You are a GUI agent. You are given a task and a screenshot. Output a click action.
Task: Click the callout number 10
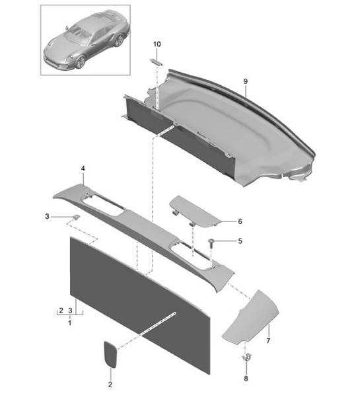click(157, 44)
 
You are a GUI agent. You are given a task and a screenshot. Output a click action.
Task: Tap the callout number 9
click(245, 81)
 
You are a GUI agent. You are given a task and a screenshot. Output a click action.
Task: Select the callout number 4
click(83, 169)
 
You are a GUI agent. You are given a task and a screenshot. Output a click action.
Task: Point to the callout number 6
click(240, 222)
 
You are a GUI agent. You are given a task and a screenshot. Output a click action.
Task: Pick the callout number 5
click(240, 241)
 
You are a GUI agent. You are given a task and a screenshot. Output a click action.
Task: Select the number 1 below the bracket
click(70, 324)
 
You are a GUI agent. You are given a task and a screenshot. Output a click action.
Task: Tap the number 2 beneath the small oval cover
click(110, 384)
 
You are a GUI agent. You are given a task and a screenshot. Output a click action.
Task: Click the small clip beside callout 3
click(77, 217)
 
